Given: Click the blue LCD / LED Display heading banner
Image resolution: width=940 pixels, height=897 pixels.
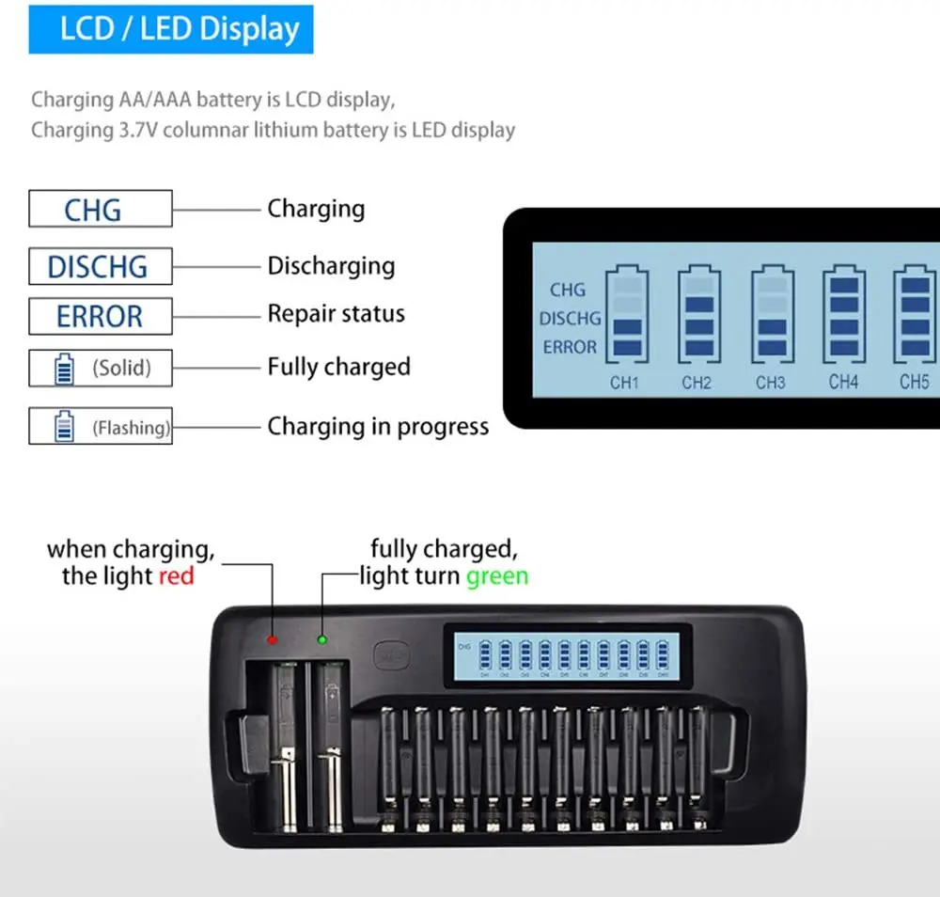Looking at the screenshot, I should (x=170, y=28).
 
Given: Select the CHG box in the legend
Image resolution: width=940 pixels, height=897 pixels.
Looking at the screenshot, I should (x=101, y=209).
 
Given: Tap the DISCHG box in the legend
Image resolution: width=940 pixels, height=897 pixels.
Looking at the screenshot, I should (x=101, y=266).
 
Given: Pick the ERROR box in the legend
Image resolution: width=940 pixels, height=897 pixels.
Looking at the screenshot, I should (x=101, y=316).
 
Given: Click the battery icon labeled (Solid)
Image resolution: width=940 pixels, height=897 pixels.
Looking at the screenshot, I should (x=63, y=368).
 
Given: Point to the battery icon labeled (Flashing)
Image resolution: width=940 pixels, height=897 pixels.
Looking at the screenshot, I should (x=63, y=427).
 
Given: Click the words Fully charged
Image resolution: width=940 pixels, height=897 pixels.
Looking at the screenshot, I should (x=338, y=367).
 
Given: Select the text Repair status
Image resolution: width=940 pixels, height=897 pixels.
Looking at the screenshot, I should (x=336, y=313).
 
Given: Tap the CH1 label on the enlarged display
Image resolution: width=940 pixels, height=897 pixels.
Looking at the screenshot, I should (x=624, y=383).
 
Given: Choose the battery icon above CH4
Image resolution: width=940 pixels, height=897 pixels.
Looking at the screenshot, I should (x=843, y=315).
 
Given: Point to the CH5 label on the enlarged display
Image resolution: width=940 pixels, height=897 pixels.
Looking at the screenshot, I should (x=914, y=382).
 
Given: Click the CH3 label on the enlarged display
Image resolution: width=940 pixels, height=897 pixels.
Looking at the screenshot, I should (x=770, y=383).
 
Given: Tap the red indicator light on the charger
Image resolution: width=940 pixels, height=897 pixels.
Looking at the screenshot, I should (x=273, y=639).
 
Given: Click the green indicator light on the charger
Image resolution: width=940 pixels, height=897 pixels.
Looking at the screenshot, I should (x=321, y=639).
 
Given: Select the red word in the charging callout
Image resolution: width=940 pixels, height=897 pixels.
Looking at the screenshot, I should (x=176, y=575).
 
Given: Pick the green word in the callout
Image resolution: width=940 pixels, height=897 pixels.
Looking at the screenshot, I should (x=498, y=575).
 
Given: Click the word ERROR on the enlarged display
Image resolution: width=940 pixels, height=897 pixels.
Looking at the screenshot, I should (x=570, y=347).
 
